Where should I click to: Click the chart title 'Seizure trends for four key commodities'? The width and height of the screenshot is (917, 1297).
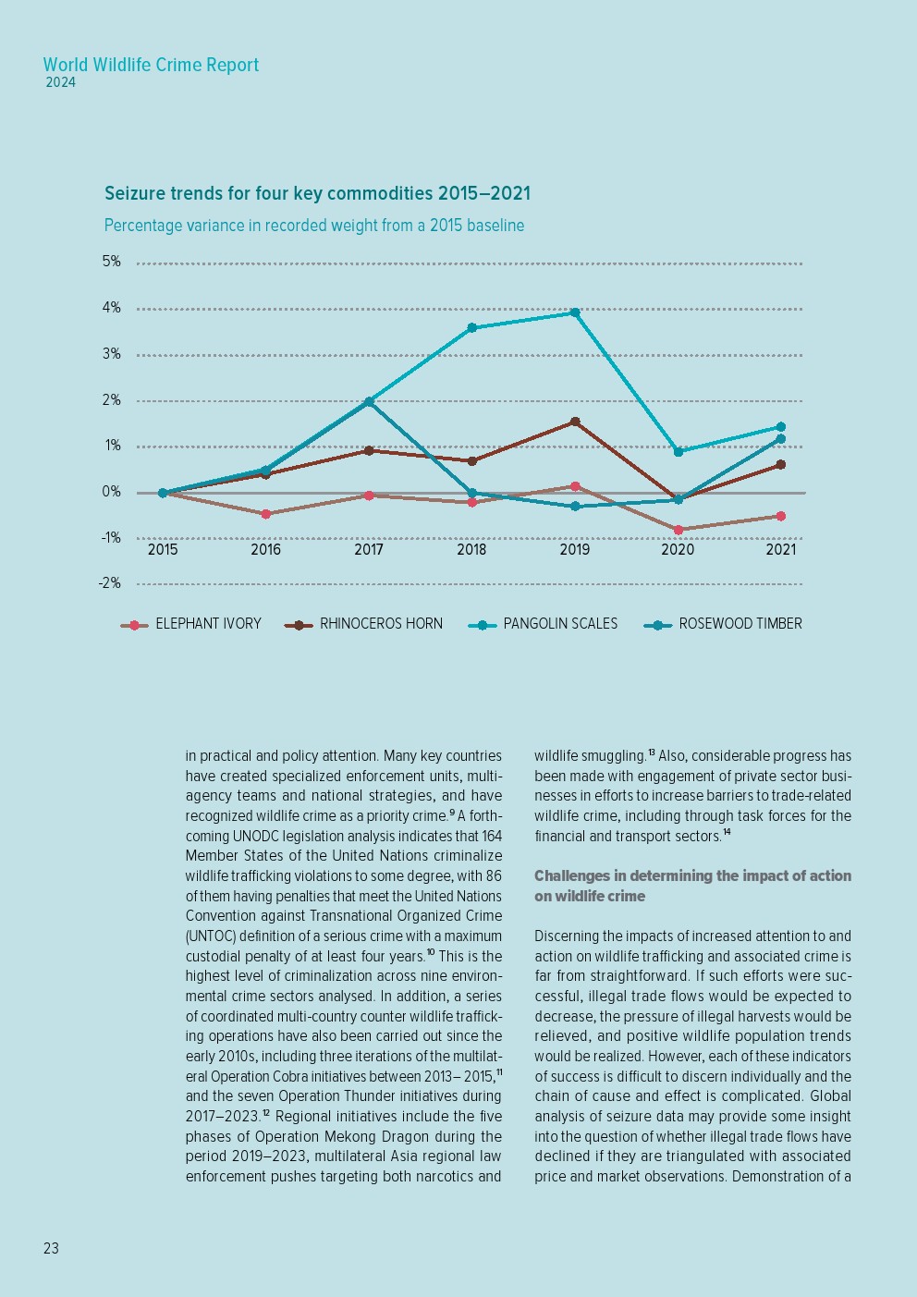(317, 193)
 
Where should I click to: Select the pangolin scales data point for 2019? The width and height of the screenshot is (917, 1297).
(575, 312)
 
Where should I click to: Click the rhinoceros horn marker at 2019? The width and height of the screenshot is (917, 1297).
(575, 422)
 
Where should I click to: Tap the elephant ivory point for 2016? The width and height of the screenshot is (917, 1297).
(266, 514)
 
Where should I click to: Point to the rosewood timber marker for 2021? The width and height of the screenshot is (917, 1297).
(781, 439)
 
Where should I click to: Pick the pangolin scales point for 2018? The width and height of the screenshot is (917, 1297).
(471, 328)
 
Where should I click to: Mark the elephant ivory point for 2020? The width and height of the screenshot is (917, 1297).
(678, 530)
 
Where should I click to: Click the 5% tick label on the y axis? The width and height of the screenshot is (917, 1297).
(112, 262)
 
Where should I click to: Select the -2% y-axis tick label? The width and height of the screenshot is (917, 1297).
(110, 583)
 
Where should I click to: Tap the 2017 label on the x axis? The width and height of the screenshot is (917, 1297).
(369, 550)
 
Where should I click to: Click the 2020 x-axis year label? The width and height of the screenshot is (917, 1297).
(678, 550)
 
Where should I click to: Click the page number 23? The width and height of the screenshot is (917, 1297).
(51, 1248)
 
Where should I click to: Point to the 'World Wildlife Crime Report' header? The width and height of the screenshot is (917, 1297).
(151, 65)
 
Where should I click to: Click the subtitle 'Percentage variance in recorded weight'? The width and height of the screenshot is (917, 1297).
(313, 226)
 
